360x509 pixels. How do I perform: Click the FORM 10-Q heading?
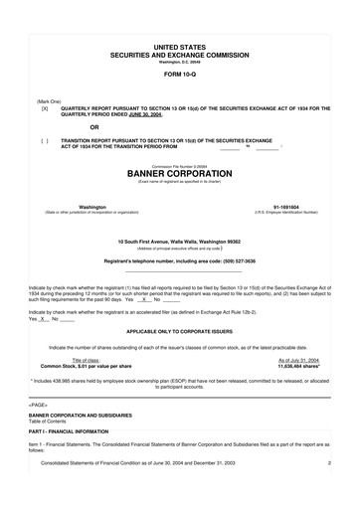(x=180, y=74)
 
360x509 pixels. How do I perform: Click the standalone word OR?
(x=94, y=126)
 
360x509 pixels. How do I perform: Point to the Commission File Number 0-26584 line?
(x=180, y=163)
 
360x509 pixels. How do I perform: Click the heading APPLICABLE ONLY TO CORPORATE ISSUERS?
(x=180, y=330)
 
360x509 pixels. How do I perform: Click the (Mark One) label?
(x=49, y=100)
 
